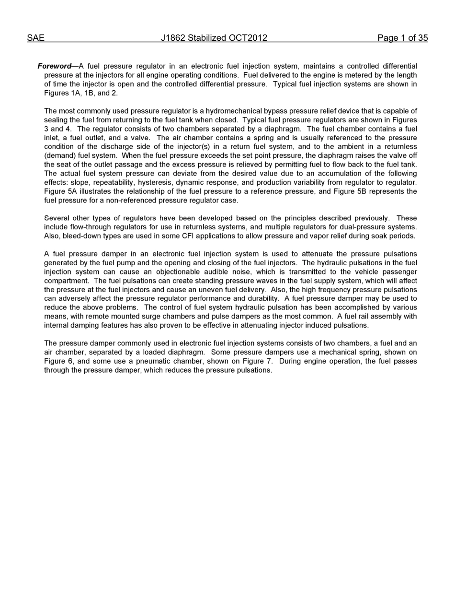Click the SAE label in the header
pos(35,38)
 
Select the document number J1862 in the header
pos(173,38)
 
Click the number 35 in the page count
pos(422,38)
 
